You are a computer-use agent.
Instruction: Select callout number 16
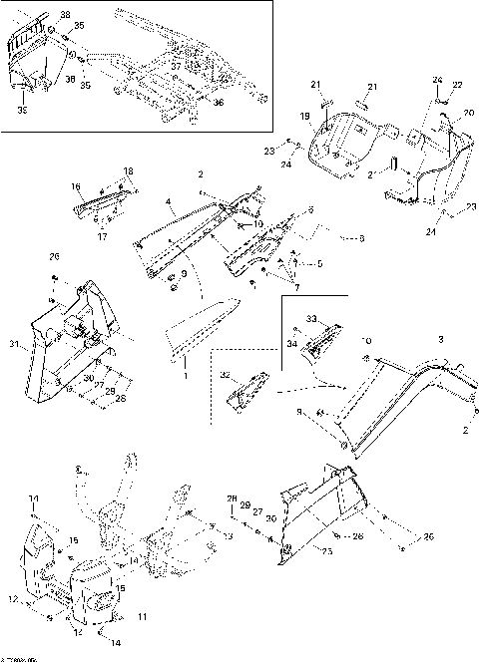[x=76, y=185]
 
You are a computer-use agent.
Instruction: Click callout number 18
[x=127, y=171]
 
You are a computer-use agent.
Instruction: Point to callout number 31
[x=14, y=346]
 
